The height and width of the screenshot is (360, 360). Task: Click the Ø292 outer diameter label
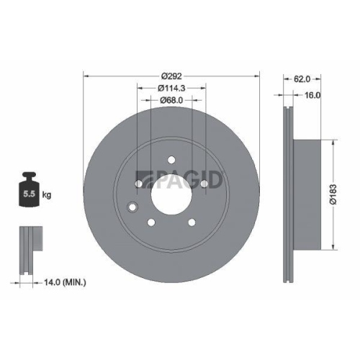[171, 76]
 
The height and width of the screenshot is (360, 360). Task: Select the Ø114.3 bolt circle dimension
[171, 89]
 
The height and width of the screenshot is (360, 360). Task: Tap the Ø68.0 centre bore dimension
[171, 101]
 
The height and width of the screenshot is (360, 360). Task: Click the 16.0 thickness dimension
[312, 94]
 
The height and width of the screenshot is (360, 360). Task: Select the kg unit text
[46, 195]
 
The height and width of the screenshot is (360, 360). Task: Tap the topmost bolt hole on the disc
[171, 160]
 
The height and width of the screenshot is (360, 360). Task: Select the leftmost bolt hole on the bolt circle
[139, 184]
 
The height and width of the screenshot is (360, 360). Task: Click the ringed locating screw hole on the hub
[131, 209]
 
